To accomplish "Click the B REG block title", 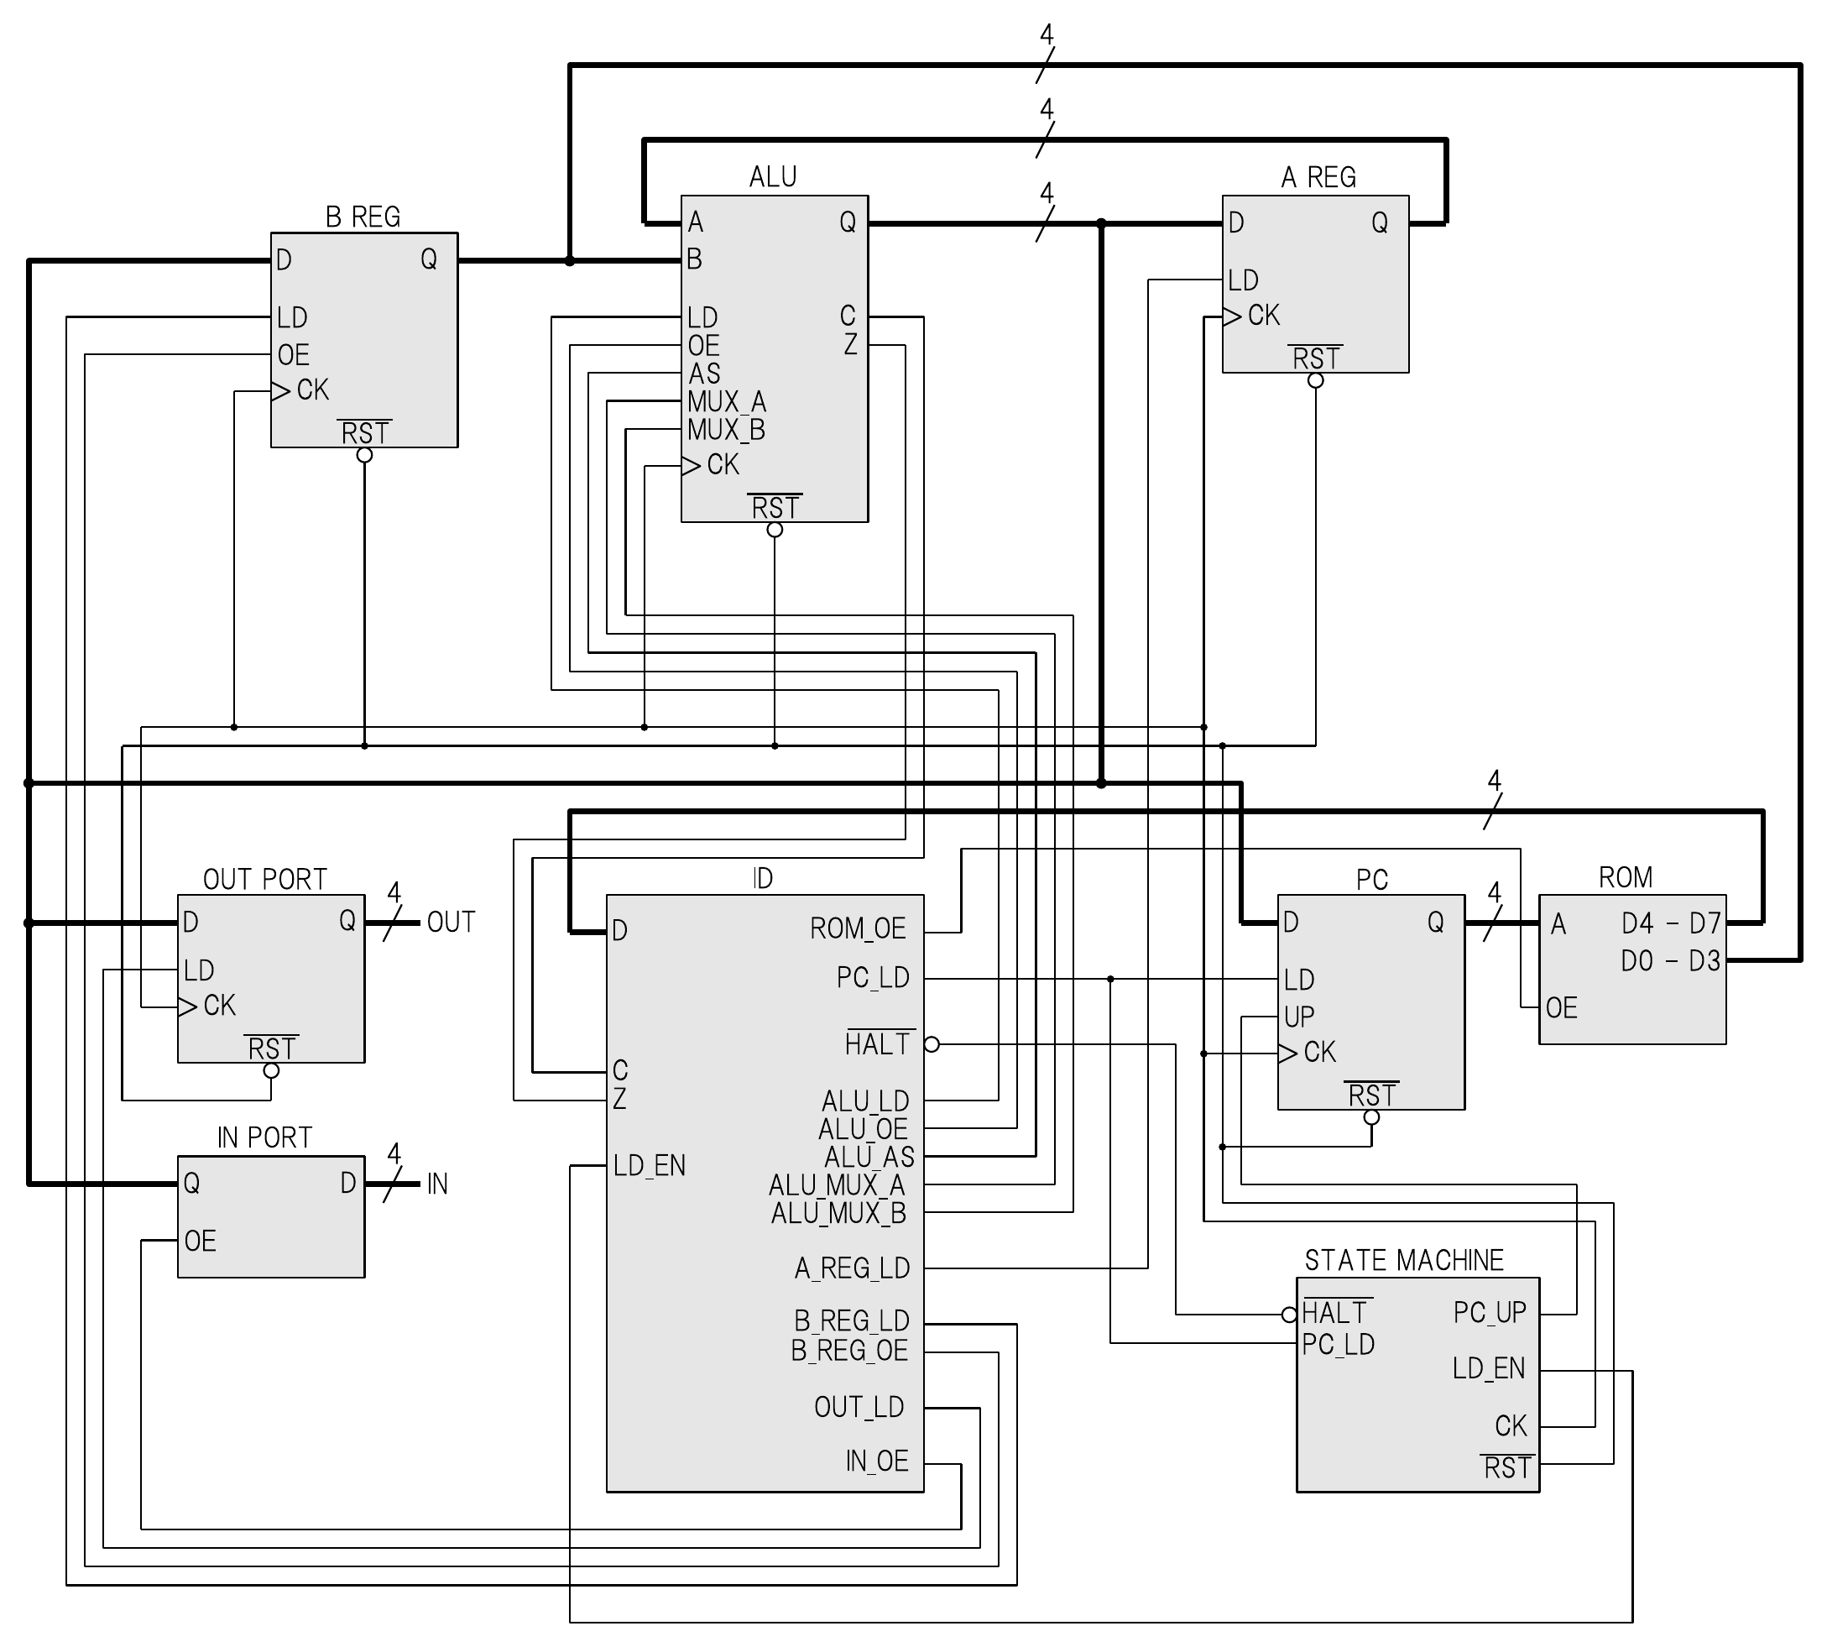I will [x=363, y=217].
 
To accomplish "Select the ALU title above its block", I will [x=773, y=176].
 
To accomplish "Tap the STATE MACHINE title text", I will [x=1403, y=1260].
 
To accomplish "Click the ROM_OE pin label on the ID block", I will [x=858, y=928].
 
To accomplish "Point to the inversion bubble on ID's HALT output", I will [x=932, y=1044].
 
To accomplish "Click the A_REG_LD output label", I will [x=853, y=1268].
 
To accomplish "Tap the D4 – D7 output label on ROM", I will [x=1670, y=923].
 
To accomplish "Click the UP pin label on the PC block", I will [x=1299, y=1017].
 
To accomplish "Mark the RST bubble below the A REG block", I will [x=1316, y=381].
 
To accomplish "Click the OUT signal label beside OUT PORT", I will [x=451, y=923].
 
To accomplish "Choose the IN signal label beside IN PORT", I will [x=437, y=1184].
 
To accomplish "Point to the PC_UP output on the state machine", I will [x=1490, y=1312].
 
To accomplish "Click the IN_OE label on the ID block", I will [x=877, y=1461].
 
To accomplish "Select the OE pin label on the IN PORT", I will [x=200, y=1241].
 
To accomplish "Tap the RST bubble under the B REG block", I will [x=365, y=455].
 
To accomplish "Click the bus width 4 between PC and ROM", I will [x=1494, y=892].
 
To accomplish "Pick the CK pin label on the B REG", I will [x=313, y=390].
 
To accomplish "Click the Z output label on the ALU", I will [x=849, y=345].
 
